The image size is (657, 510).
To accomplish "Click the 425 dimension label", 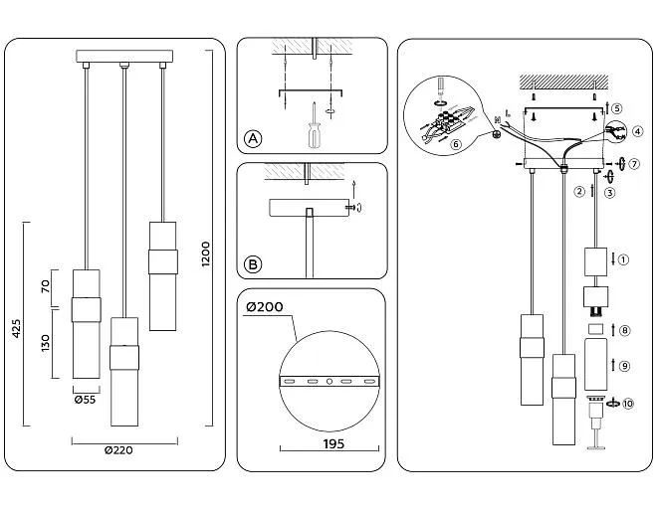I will (17, 327).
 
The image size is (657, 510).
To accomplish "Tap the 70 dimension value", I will (45, 286).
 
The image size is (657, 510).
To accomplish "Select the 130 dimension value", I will (45, 343).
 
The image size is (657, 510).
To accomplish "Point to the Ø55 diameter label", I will (85, 401).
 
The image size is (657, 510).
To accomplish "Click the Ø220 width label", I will (119, 449).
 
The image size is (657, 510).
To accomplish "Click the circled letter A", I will (254, 139).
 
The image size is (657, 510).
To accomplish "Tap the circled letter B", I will (254, 264).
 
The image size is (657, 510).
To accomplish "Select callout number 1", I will (624, 260).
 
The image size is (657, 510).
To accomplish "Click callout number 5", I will (617, 108).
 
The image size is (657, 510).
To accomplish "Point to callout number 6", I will (456, 143).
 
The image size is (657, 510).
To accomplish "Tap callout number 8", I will (624, 330).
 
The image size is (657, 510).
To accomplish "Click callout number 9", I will (624, 366).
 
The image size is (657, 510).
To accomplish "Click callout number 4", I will (636, 131).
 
